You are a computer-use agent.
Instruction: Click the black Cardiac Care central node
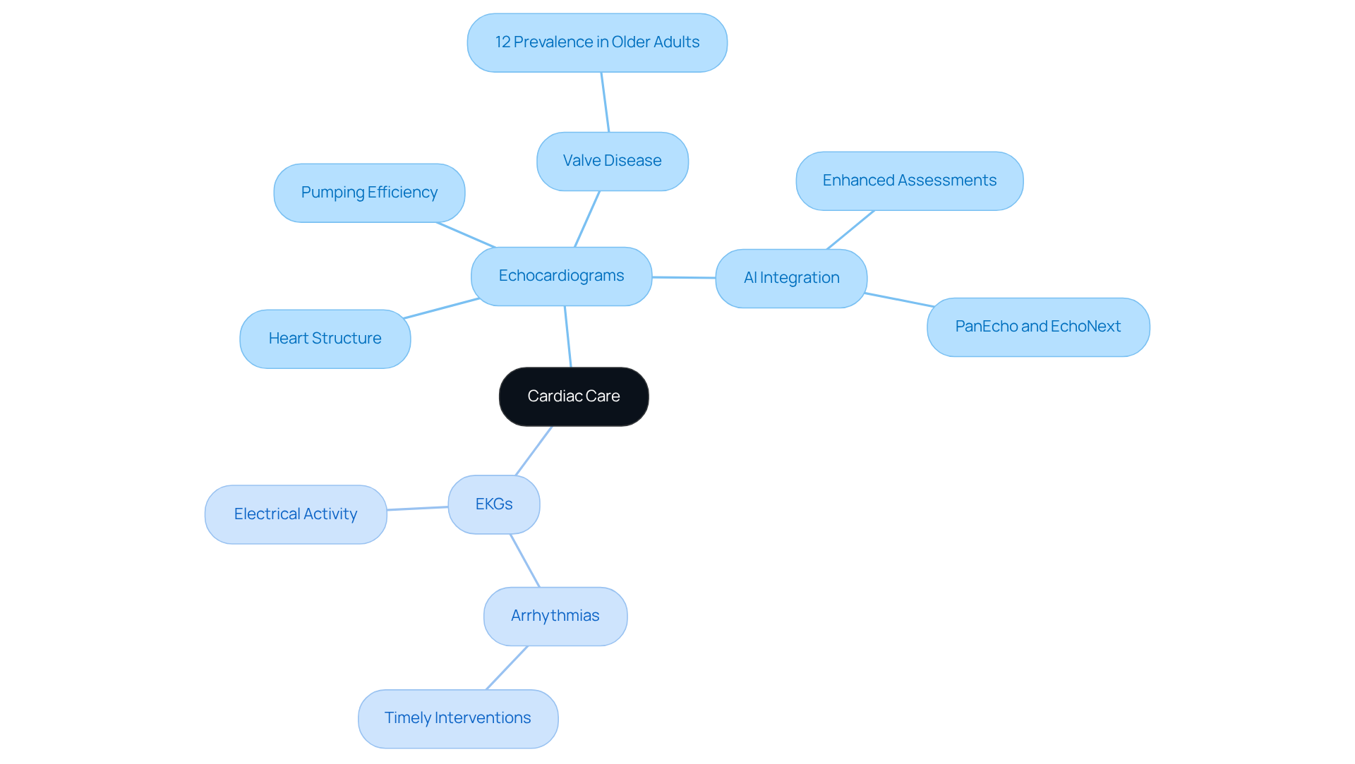573,396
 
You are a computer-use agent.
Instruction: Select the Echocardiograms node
561,276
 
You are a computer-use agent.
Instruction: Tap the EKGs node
493,504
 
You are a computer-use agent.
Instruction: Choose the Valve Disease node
612,161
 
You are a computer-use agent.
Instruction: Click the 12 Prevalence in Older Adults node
597,42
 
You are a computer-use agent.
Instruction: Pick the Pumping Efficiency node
369,193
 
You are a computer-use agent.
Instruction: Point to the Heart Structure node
325,339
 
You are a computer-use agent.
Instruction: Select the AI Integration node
791,278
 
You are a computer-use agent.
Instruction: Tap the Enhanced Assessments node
909,181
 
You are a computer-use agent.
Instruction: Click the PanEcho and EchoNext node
1037,327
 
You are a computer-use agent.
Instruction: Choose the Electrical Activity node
295,514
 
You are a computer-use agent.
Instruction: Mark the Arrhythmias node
555,616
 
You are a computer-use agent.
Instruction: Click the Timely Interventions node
457,718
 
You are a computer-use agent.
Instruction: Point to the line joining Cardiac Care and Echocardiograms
567,336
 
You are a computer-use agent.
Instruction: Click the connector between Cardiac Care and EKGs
534,451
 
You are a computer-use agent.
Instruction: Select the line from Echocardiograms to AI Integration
683,277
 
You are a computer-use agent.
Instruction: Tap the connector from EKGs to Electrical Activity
417,508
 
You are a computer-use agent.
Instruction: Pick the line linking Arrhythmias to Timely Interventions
507,667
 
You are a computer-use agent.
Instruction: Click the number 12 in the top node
502,42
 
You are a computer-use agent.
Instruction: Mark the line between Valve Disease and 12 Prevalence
605,102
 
